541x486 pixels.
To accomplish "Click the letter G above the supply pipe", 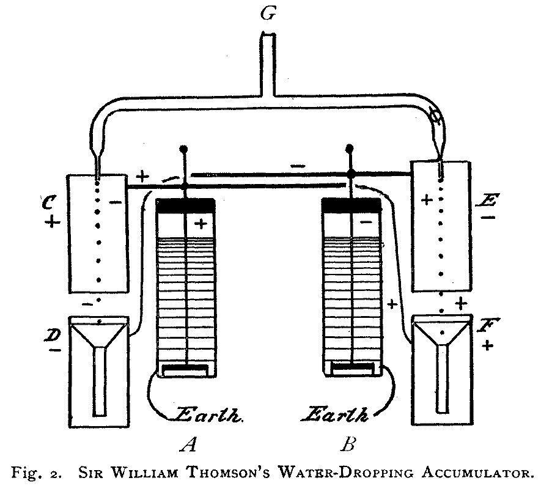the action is (x=268, y=14).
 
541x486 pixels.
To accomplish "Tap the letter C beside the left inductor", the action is (x=48, y=202).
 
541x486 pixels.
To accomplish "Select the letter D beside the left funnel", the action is (x=53, y=334).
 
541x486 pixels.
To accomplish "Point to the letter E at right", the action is (x=485, y=199).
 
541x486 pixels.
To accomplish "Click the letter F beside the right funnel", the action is (x=488, y=325).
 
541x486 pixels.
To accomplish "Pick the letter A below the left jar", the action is (x=189, y=444).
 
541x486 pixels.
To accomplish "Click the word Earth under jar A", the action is (x=208, y=414).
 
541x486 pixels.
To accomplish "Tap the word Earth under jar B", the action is (x=336, y=414).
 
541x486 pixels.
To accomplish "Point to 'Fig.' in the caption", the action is (x=24, y=471).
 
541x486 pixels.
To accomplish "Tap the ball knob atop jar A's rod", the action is (x=183, y=149).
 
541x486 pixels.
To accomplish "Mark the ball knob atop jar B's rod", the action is (x=350, y=149).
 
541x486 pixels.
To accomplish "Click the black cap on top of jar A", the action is (x=186, y=205).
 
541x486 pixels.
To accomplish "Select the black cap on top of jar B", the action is (x=351, y=205).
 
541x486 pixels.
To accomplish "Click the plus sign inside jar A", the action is (x=201, y=224).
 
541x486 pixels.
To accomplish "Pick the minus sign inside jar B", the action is (x=366, y=223).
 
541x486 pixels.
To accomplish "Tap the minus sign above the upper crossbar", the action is (x=298, y=166).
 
